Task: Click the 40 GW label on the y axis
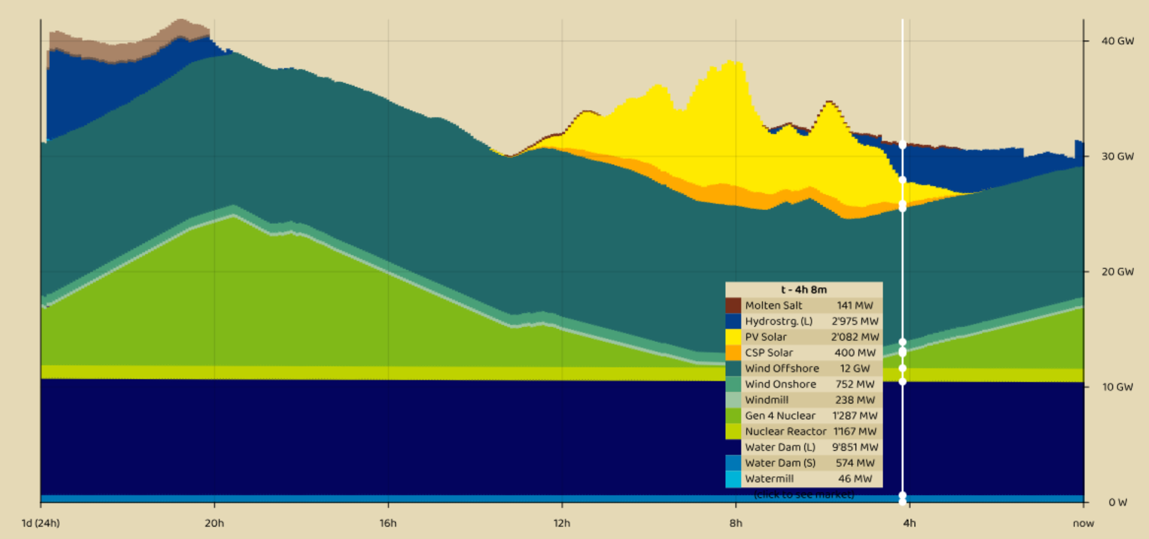(x=1117, y=41)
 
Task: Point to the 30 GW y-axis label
(x=1117, y=156)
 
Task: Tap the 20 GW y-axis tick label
(x=1117, y=272)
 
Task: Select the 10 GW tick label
(x=1117, y=387)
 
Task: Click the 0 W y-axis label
(x=1118, y=502)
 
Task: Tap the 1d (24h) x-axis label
(x=41, y=523)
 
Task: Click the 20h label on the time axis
(x=215, y=523)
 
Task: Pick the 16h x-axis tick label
(x=388, y=523)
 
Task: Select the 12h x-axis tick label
(x=562, y=523)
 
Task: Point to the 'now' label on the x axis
(x=1083, y=523)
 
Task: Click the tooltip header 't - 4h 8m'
(x=804, y=290)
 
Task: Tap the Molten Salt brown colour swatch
(x=733, y=305)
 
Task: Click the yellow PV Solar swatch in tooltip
(x=733, y=337)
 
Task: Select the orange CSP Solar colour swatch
(x=733, y=353)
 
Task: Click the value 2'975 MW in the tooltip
(x=854, y=321)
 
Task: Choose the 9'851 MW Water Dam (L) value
(x=854, y=447)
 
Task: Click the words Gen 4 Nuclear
(x=780, y=416)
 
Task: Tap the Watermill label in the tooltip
(x=769, y=479)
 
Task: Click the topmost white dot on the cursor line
(x=902, y=144)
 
